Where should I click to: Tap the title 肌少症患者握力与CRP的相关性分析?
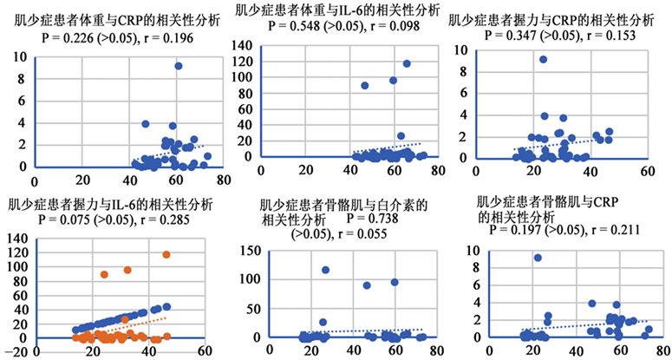tap(551, 19)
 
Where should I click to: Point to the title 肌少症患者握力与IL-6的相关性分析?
tap(111, 206)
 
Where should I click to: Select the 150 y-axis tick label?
tap(251, 251)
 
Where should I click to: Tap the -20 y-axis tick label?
tap(11, 352)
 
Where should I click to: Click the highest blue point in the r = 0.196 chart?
tap(178, 66)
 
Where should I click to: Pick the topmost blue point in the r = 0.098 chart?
tap(407, 63)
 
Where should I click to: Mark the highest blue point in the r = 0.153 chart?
tap(544, 60)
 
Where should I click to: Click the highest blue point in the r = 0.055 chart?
tap(326, 270)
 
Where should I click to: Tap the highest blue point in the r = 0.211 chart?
tap(538, 258)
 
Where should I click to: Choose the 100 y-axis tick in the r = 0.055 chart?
tap(251, 279)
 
